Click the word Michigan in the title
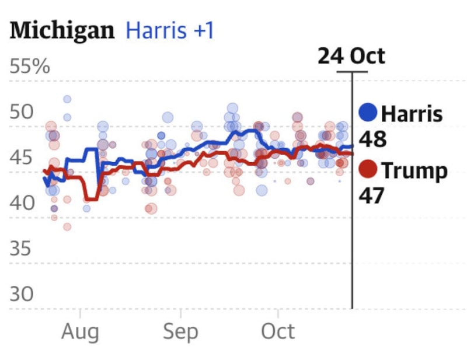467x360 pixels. click(x=62, y=30)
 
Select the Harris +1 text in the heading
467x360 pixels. click(x=170, y=30)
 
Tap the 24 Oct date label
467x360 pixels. click(x=351, y=57)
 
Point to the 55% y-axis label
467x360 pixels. click(x=30, y=67)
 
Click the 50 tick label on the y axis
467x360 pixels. click(x=22, y=111)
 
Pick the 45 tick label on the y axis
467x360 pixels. click(x=22, y=158)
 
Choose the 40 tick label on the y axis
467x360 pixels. click(x=22, y=203)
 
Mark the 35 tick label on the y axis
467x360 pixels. click(x=22, y=249)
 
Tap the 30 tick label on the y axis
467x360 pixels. click(x=22, y=294)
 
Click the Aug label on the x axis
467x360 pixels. click(x=80, y=332)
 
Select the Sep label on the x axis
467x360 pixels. click(x=180, y=332)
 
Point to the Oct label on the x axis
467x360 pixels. click(x=278, y=332)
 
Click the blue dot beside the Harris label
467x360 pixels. click(x=368, y=113)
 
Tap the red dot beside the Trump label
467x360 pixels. click(x=368, y=170)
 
